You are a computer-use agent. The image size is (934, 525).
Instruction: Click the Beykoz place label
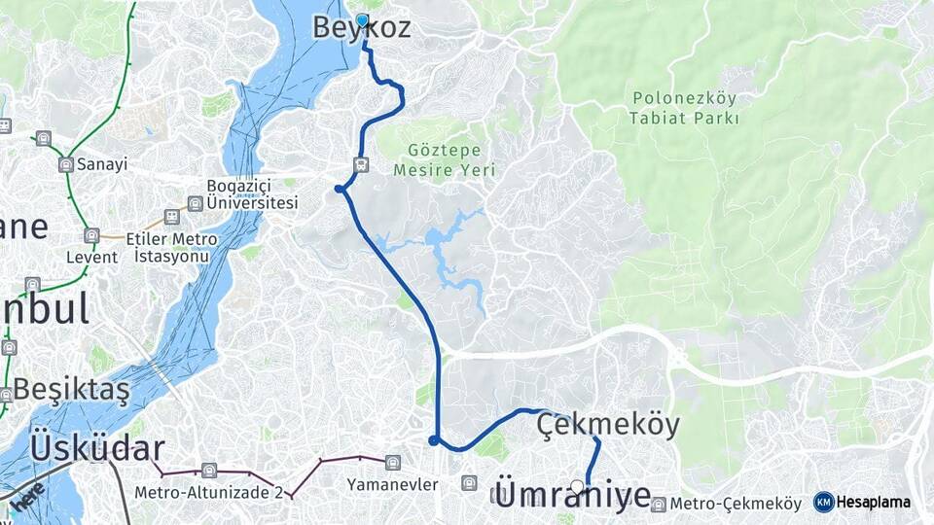click(361, 28)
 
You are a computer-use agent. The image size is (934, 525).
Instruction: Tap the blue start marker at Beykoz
click(363, 20)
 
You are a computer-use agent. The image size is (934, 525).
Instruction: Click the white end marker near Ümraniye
click(578, 486)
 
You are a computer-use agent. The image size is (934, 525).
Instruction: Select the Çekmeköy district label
click(608, 425)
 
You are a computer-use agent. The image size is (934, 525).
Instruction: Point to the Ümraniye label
click(573, 495)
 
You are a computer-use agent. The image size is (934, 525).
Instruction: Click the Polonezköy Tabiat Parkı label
click(686, 108)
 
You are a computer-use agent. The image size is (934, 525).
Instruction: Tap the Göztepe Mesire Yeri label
click(444, 160)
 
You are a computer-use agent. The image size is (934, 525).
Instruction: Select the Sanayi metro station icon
click(65, 164)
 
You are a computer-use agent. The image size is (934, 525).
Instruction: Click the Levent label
click(91, 258)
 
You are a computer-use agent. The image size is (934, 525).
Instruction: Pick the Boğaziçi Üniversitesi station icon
click(195, 204)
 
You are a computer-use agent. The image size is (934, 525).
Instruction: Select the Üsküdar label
click(96, 448)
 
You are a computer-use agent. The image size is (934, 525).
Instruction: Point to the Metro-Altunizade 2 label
click(209, 492)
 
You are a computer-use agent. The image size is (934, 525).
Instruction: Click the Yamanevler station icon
click(392, 463)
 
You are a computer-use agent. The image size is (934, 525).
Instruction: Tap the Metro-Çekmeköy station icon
click(660, 504)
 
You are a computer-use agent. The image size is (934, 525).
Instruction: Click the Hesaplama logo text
click(873, 502)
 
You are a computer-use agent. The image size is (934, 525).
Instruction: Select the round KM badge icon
click(824, 502)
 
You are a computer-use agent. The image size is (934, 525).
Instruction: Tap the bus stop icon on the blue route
click(362, 165)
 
